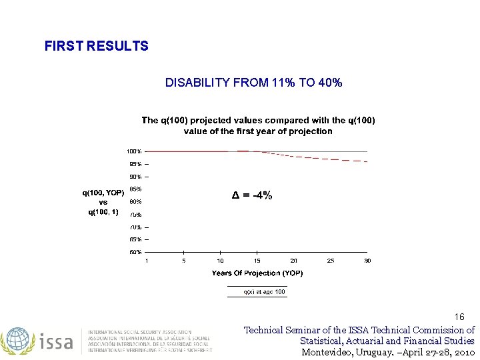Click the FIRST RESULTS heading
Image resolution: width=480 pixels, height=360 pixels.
click(x=96, y=46)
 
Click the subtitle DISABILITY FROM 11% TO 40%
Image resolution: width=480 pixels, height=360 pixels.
click(x=254, y=83)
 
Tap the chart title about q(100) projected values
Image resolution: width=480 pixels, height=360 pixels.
click(x=258, y=125)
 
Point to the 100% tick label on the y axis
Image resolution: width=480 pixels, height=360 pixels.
click(x=134, y=151)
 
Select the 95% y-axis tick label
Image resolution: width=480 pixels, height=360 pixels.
click(x=135, y=164)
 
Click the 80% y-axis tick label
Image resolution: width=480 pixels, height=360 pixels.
click(x=135, y=201)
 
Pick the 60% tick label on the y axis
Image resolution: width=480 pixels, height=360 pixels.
click(x=135, y=252)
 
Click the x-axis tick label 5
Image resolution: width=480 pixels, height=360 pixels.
click(x=184, y=261)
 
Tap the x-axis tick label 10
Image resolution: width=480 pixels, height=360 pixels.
click(x=220, y=261)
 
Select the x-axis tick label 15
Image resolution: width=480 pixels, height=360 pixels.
click(x=257, y=261)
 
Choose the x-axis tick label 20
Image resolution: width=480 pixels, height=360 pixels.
click(x=293, y=261)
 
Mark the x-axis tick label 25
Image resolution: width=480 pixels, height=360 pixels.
click(x=330, y=261)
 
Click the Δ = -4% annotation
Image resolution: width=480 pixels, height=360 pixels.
click(x=251, y=195)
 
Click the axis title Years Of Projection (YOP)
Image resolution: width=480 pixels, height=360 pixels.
click(x=257, y=273)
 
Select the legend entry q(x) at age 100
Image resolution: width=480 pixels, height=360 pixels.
click(x=263, y=292)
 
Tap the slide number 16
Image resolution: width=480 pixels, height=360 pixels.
click(x=459, y=317)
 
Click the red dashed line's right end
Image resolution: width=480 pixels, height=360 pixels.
click(x=366, y=162)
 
